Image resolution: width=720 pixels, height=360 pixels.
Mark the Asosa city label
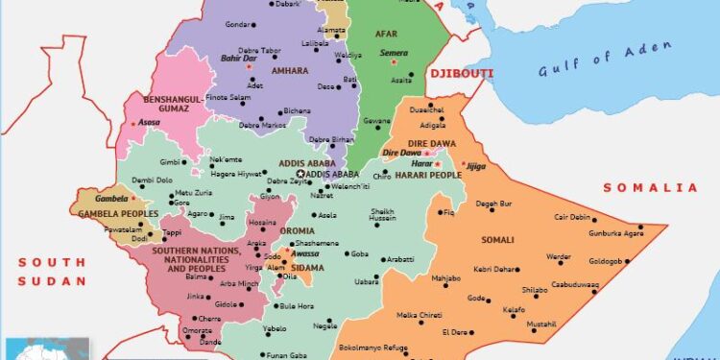[150, 125]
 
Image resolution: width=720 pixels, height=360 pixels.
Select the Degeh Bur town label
[494, 204]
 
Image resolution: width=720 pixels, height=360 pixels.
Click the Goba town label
[359, 253]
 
